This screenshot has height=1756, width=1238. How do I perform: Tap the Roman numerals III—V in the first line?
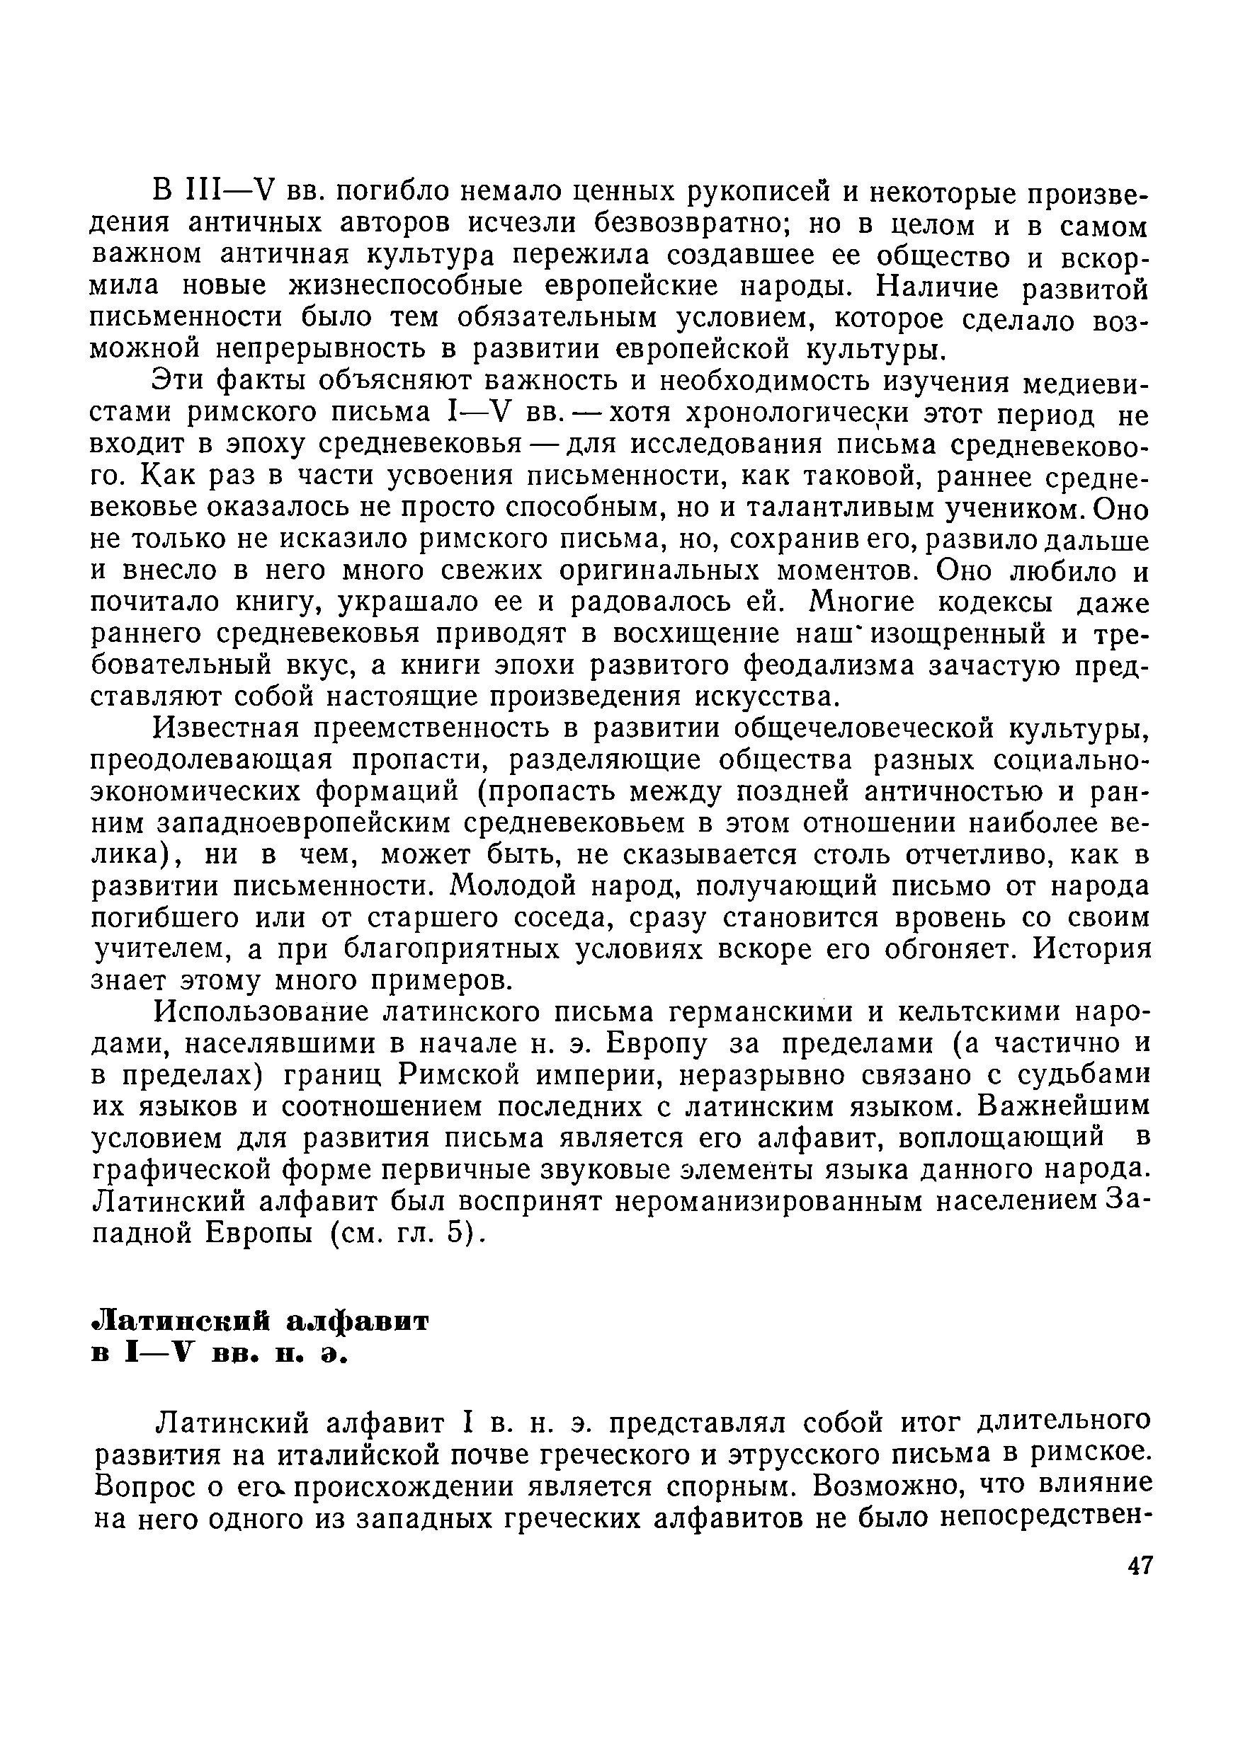[x=230, y=190]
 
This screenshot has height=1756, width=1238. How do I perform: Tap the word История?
[x=1094, y=949]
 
